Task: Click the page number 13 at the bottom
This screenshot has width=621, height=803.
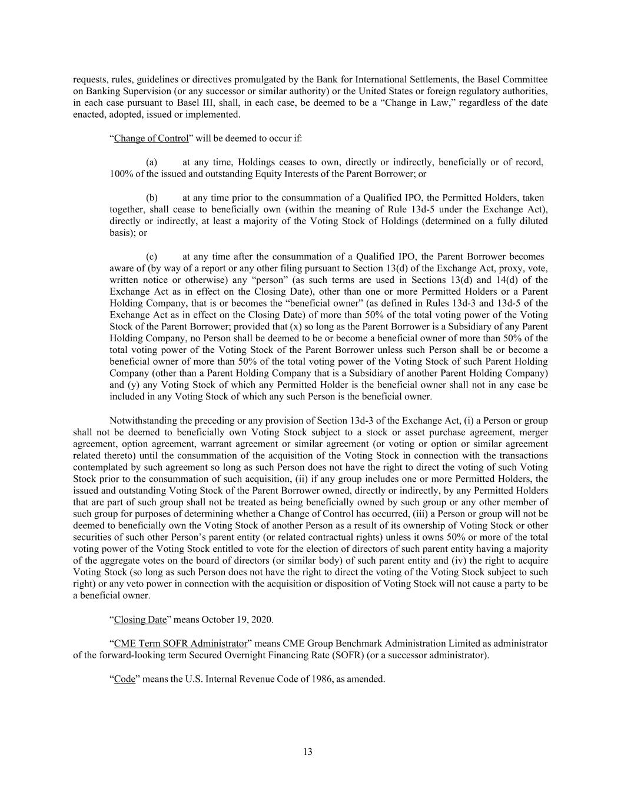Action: coord(308,751)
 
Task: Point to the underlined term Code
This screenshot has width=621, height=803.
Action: coord(125,678)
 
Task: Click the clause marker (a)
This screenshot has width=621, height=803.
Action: coord(151,162)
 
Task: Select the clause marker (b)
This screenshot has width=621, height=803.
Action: coord(151,198)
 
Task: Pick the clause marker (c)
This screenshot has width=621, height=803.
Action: coord(151,256)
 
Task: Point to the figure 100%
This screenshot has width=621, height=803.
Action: coord(121,174)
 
